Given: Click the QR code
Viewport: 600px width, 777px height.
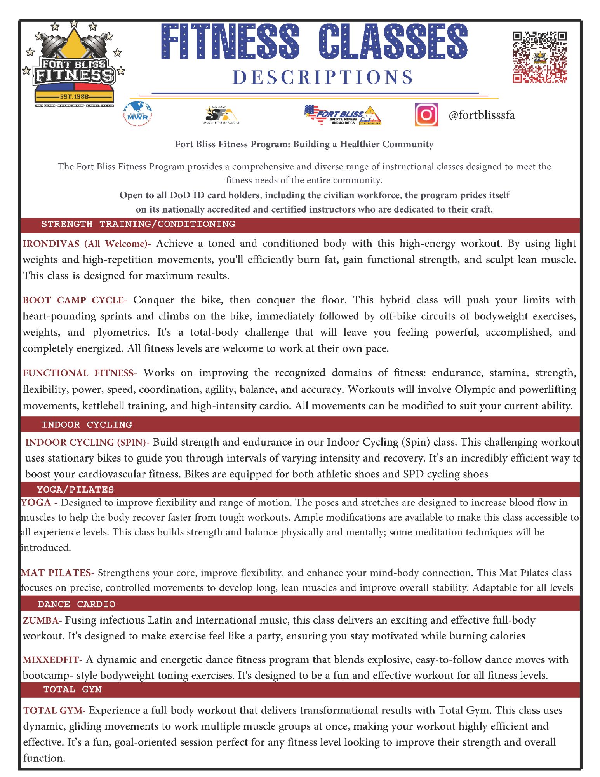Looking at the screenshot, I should [539, 57].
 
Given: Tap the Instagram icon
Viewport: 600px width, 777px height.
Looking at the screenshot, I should [426, 115].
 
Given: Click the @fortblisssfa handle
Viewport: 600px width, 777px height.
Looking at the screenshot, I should [482, 115].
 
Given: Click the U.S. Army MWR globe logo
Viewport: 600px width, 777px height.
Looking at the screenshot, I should [137, 114].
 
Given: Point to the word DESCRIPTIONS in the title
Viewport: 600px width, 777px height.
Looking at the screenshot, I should [323, 77].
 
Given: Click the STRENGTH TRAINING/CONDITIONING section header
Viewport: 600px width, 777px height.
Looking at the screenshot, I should [138, 224].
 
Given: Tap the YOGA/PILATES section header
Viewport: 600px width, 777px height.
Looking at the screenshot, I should [75, 490].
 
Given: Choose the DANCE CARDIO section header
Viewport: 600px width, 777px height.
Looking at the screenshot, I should [77, 604].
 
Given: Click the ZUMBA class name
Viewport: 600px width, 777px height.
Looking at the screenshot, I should [41, 620].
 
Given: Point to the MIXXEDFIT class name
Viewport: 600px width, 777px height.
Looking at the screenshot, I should [51, 660].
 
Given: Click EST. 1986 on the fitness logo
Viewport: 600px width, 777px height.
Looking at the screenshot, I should [74, 96].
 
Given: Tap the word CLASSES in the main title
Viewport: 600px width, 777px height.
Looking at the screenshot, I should [393, 42].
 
